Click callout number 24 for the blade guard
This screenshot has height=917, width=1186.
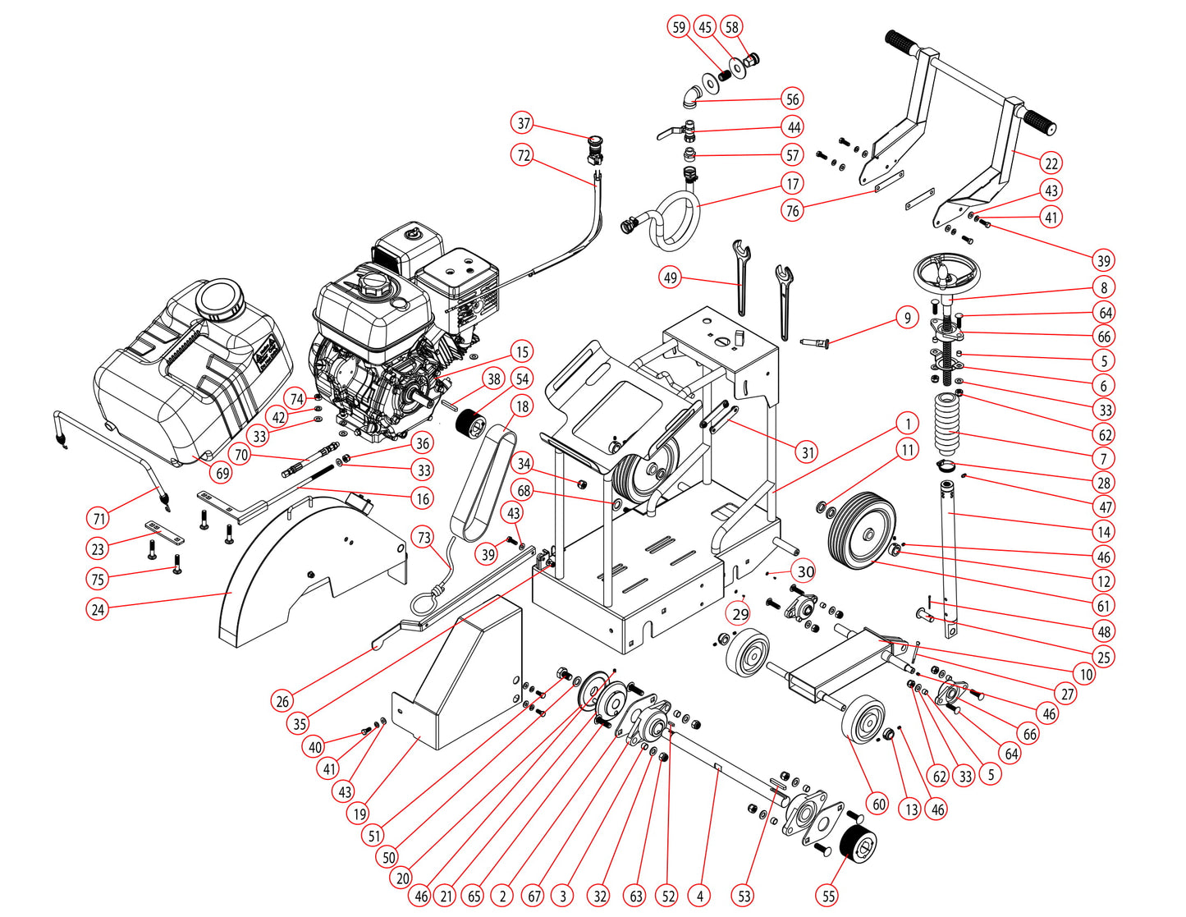[98, 609]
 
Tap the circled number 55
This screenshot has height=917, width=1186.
[829, 895]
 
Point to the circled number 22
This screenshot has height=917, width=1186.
[1051, 163]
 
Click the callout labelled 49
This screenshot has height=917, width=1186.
[671, 277]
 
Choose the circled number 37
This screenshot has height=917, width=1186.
[524, 123]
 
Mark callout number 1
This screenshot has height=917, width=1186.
[907, 424]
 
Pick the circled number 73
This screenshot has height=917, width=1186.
[424, 538]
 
